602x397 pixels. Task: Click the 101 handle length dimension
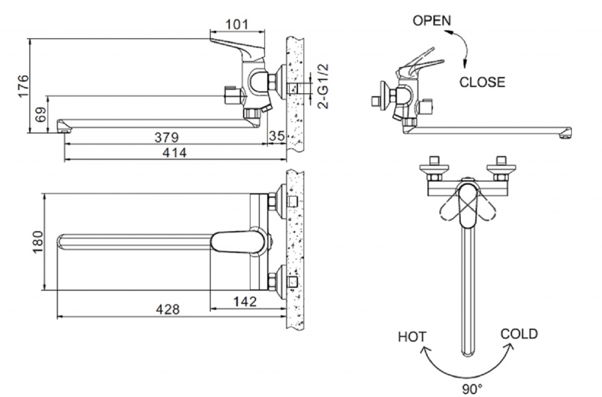point(237,24)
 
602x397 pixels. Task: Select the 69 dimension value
point(41,115)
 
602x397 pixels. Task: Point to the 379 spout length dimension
point(167,137)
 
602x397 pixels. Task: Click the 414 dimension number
point(175,153)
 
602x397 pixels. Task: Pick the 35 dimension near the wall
point(277,136)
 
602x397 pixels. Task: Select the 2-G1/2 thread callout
point(323,86)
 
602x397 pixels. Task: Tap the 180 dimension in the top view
point(38,242)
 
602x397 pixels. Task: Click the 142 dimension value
point(245,302)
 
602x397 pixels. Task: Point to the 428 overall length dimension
point(168,310)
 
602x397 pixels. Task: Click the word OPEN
point(432,21)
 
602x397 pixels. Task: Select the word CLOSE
point(482,82)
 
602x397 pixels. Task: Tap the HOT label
point(412,337)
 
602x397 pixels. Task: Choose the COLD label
point(519,334)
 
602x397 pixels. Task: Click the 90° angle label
point(472,389)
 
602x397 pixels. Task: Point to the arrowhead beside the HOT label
point(425,350)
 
